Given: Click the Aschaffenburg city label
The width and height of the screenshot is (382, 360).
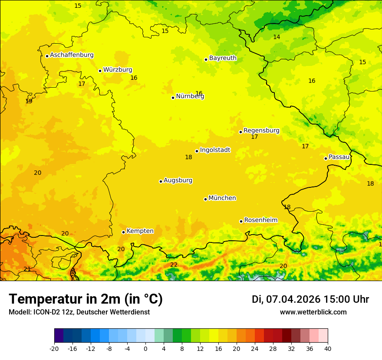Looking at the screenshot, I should [72, 55].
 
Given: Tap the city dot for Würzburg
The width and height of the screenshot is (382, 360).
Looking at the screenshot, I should [100, 71].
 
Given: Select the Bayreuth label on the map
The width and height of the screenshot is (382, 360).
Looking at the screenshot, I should [223, 58].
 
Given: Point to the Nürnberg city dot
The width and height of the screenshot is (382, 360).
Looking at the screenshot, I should [173, 98].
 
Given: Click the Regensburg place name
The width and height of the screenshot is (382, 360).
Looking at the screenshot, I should [261, 131].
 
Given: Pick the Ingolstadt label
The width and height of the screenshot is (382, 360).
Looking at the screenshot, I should [215, 150].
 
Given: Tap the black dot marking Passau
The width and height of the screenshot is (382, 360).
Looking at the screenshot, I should [326, 158].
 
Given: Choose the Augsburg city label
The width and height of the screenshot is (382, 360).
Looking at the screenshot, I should [178, 180].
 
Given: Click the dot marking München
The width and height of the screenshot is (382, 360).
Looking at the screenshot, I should [205, 199].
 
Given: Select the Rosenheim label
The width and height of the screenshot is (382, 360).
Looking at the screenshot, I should [260, 220].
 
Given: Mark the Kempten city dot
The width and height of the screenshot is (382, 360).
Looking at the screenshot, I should [123, 232].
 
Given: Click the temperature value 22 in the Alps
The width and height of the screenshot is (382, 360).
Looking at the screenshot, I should [174, 265].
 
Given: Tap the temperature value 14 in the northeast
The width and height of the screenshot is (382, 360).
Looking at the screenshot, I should [277, 37].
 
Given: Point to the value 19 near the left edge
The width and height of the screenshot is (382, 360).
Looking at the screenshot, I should [29, 101].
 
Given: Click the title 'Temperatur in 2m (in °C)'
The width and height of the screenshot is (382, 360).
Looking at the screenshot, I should [86, 299].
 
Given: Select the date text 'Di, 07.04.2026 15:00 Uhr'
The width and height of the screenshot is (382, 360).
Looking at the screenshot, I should [310, 299].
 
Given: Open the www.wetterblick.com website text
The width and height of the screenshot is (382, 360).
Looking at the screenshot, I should [313, 312].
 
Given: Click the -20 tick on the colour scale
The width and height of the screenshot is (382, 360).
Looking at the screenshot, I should [54, 348].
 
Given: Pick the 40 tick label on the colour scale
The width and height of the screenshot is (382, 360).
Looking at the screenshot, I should [328, 348].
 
